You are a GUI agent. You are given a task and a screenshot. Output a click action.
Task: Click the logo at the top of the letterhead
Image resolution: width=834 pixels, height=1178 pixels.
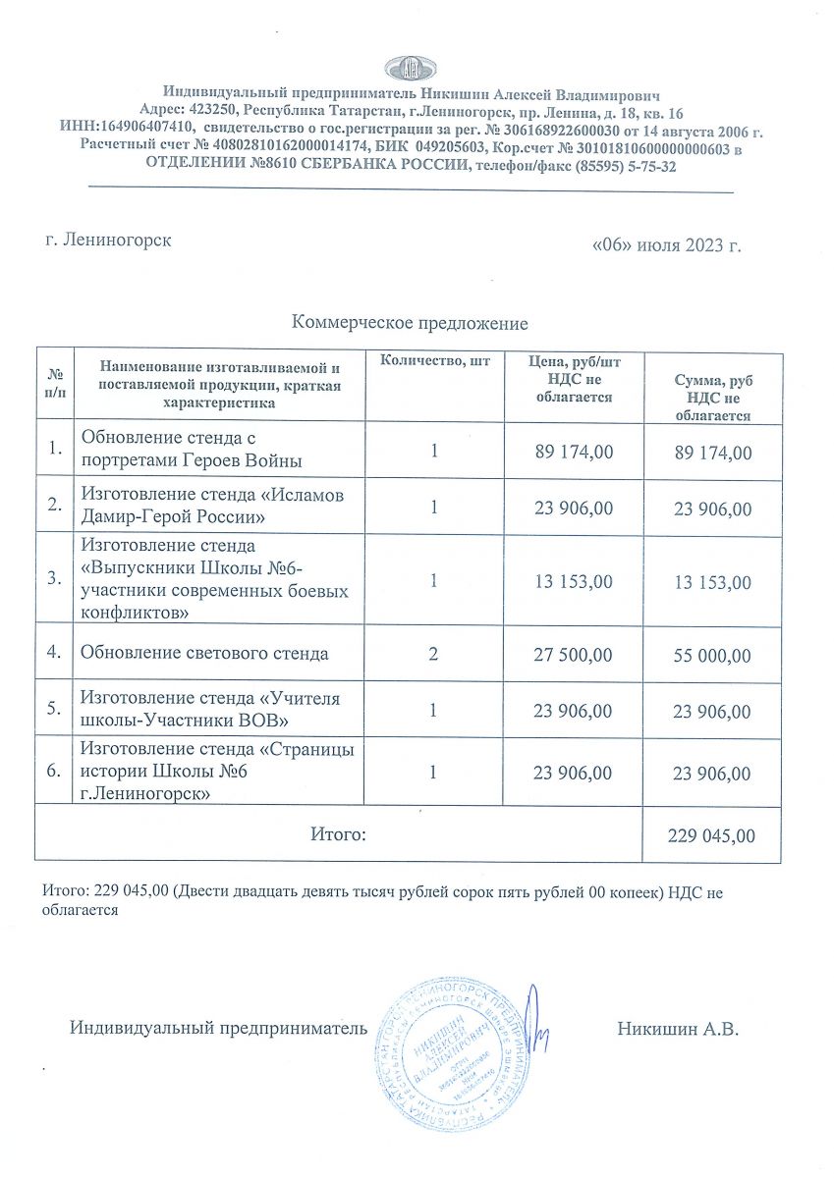[412, 68]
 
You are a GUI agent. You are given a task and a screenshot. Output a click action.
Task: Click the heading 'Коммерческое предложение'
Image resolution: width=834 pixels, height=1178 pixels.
[410, 323]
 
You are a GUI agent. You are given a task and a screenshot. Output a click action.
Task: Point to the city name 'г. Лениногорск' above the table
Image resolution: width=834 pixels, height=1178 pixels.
[109, 240]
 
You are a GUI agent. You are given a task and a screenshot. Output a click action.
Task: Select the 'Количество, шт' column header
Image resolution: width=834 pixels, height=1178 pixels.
[434, 362]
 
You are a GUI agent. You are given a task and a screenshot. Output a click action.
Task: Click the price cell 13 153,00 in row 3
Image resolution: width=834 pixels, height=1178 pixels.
[573, 582]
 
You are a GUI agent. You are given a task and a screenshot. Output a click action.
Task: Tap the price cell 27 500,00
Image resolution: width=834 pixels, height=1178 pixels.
[573, 654]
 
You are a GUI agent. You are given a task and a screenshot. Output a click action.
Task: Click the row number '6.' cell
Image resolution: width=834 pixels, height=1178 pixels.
[55, 772]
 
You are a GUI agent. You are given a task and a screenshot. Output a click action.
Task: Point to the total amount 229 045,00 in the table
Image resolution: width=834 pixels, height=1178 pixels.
[712, 835]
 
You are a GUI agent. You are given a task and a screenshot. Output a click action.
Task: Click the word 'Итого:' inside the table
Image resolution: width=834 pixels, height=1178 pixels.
[338, 834]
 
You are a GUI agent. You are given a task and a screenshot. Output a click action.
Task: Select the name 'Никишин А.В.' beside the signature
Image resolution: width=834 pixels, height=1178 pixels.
[678, 1030]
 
